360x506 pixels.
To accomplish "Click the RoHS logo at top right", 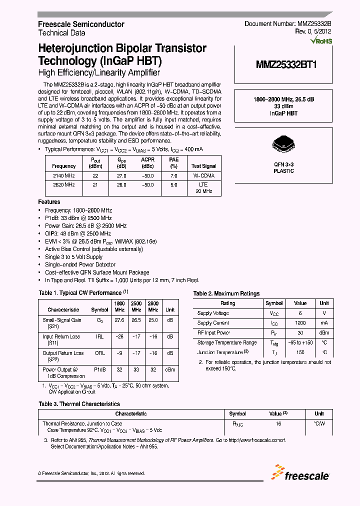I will (x=320, y=41).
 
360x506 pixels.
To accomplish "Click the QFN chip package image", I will (x=283, y=144).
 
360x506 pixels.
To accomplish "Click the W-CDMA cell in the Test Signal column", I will (x=204, y=175).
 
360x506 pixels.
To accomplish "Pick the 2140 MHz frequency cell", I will (x=63, y=175).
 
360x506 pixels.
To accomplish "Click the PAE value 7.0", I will (x=173, y=175).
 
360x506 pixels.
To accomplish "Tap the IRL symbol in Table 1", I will (x=99, y=336).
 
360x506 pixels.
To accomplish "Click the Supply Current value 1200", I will (x=300, y=323).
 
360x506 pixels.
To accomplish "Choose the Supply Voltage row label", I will (x=213, y=313).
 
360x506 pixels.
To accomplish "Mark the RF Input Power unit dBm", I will (x=324, y=332).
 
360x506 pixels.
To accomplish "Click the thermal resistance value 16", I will (x=278, y=423).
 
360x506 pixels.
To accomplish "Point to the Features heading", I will (x=49, y=202).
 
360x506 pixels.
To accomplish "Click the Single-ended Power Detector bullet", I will (x=80, y=264).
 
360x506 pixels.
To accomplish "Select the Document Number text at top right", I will (x=287, y=24).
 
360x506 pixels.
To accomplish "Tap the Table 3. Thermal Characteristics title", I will (x=79, y=403).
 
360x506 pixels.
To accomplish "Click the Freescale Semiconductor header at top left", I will (x=81, y=24).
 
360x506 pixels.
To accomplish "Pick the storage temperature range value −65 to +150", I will (x=300, y=342).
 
